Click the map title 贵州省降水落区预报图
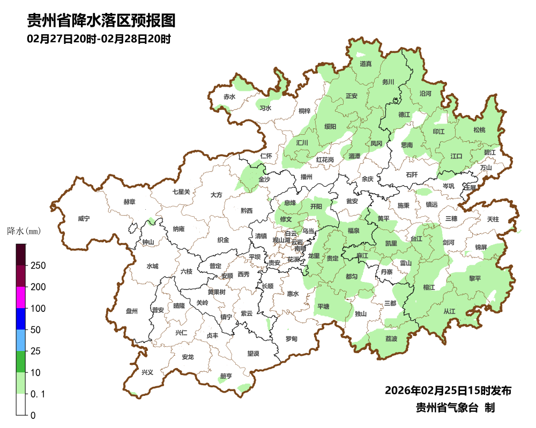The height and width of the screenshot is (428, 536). coord(101,21)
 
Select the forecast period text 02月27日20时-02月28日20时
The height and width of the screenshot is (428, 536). coord(99,39)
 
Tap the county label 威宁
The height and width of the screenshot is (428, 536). coord(84,219)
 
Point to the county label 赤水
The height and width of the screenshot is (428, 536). coord(229,97)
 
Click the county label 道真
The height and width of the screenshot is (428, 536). coord(366,64)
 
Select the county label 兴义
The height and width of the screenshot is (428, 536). coord(147,372)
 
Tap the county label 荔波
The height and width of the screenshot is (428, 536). coord(391,339)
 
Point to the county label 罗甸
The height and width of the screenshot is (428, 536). coord(291,339)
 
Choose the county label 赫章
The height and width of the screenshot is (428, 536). coord(129,202)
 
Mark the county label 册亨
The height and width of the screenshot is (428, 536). coord(226,376)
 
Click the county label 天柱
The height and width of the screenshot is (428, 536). coord(493,219)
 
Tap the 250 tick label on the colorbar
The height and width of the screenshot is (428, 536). coord(38,266)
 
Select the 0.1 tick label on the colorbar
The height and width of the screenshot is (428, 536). coord(38,394)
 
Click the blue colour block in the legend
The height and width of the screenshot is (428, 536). coord(21,319)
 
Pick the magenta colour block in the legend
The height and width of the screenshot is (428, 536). coord(21,297)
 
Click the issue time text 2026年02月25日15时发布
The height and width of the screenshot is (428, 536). coord(448,391)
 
